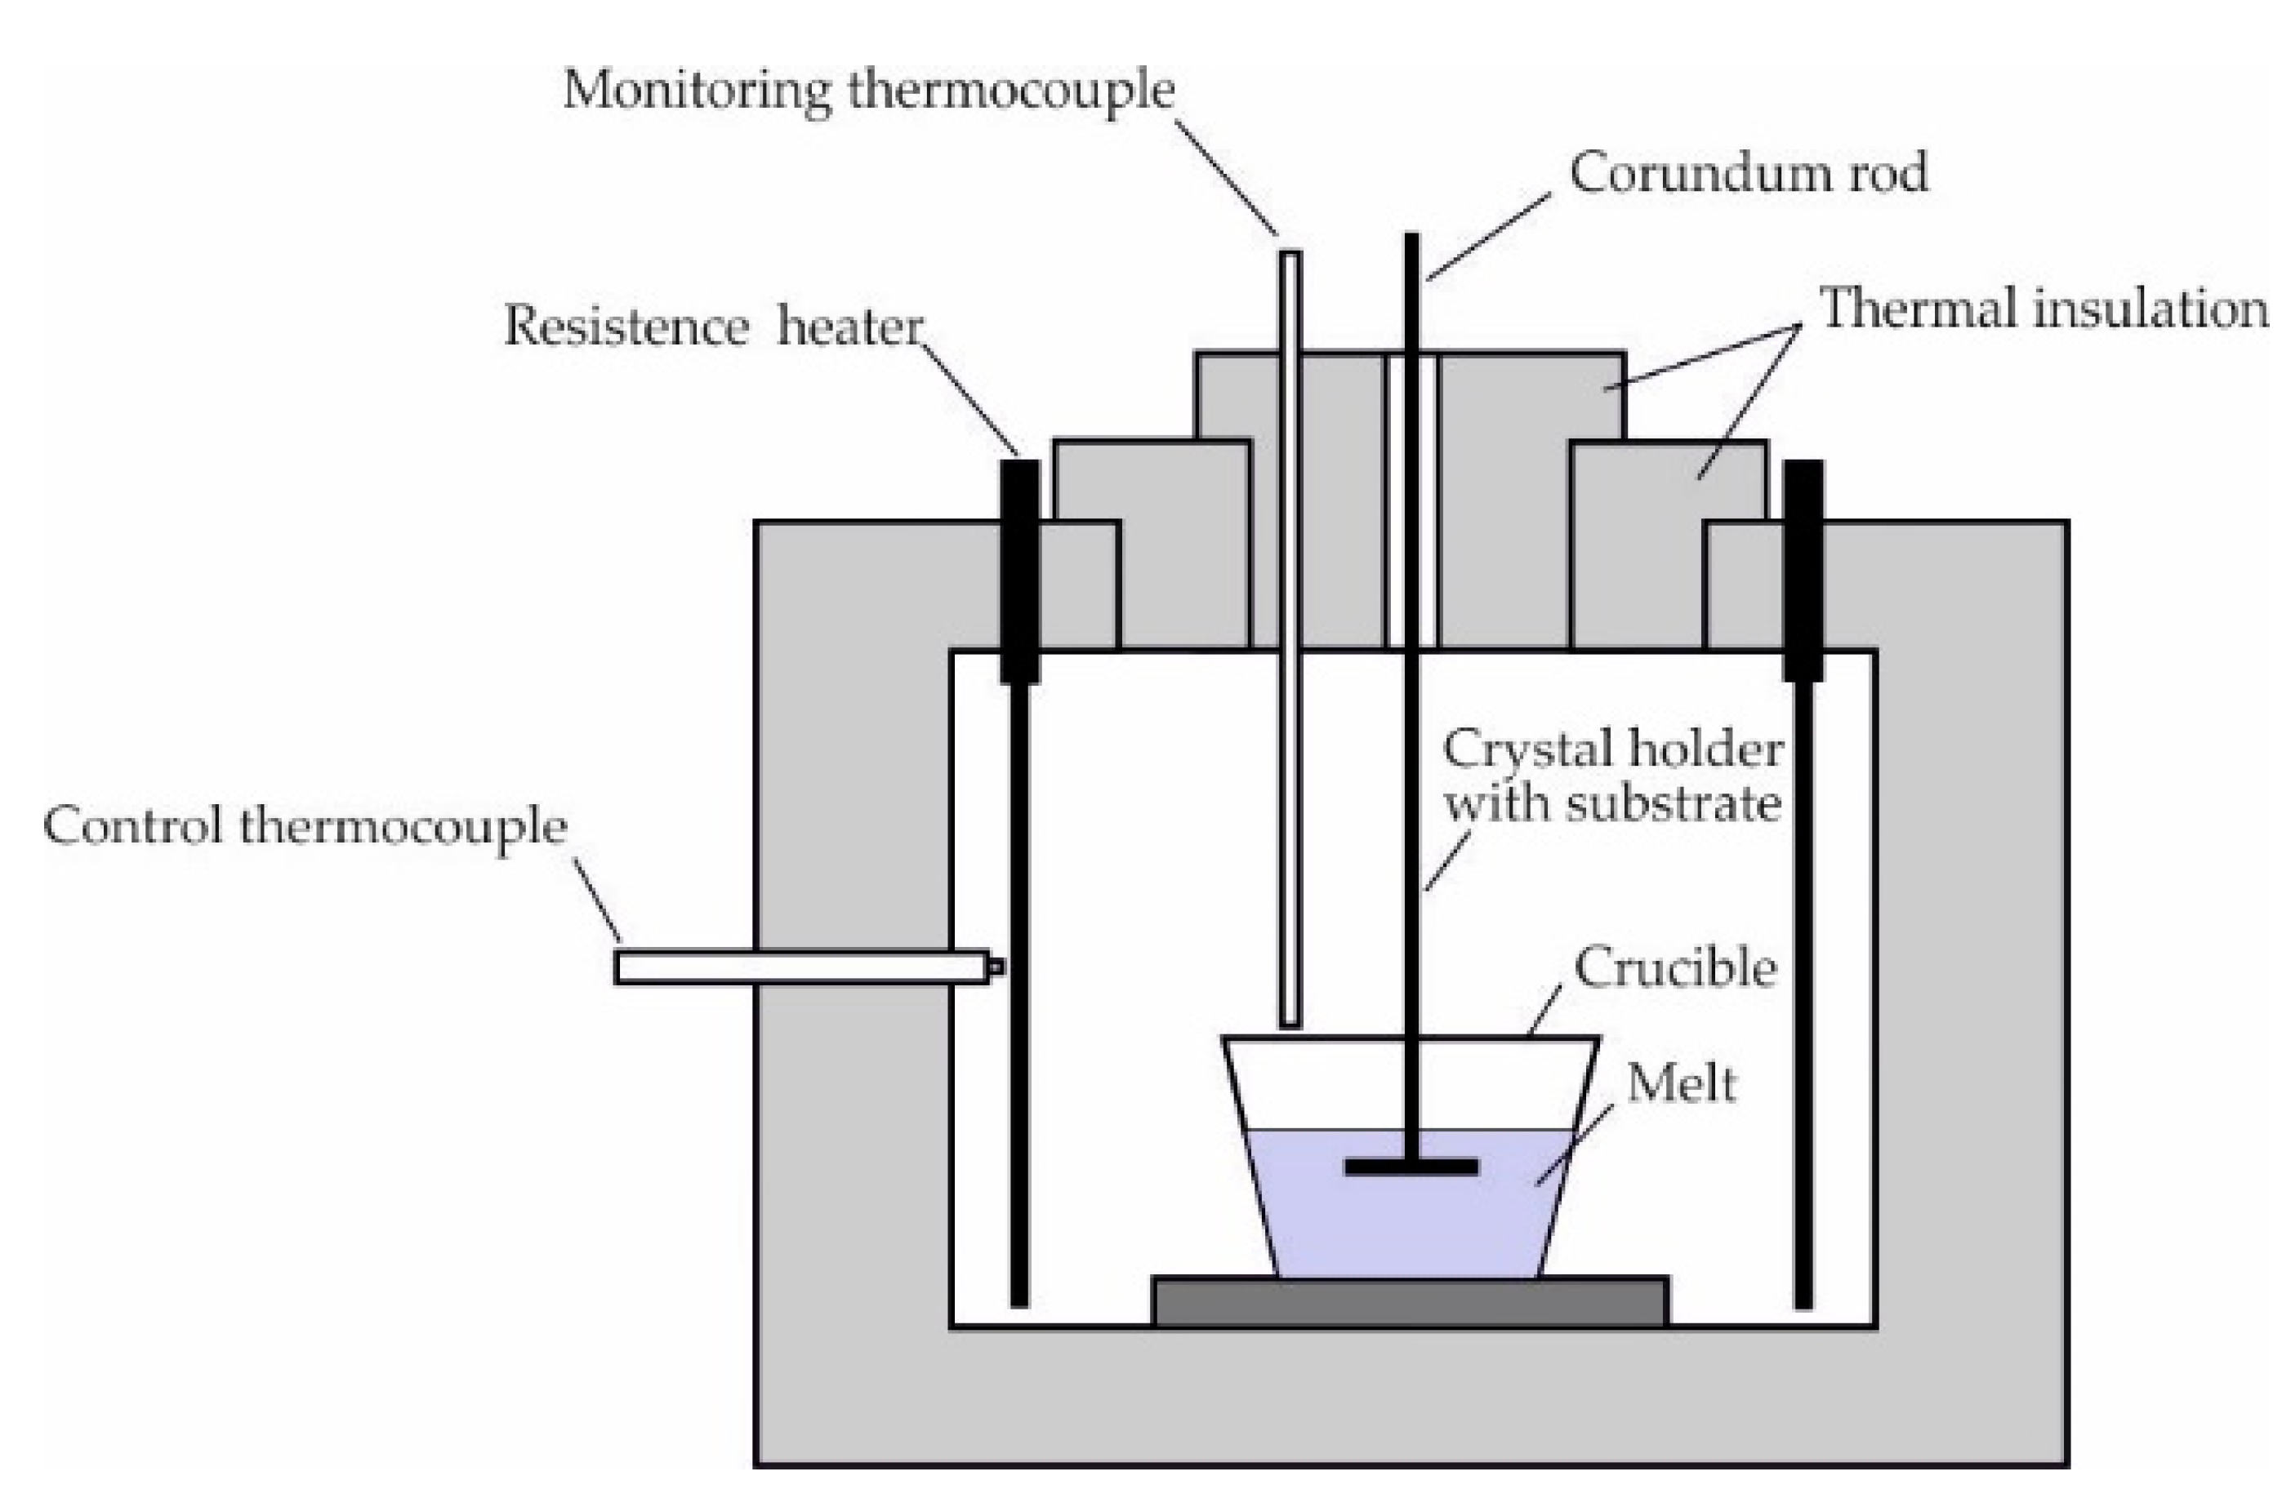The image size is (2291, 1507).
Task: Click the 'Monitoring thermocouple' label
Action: point(868,92)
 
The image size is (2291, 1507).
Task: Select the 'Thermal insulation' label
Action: point(2043,311)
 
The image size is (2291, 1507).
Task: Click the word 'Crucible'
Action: point(1675,968)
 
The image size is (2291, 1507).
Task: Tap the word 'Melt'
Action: point(1681,1086)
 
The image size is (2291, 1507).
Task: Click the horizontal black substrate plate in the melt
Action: point(1411,1167)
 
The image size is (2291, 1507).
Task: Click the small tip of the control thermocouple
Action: point(996,967)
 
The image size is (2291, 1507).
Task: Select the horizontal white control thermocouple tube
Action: point(799,967)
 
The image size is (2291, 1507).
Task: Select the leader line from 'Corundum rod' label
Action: point(1487,237)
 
